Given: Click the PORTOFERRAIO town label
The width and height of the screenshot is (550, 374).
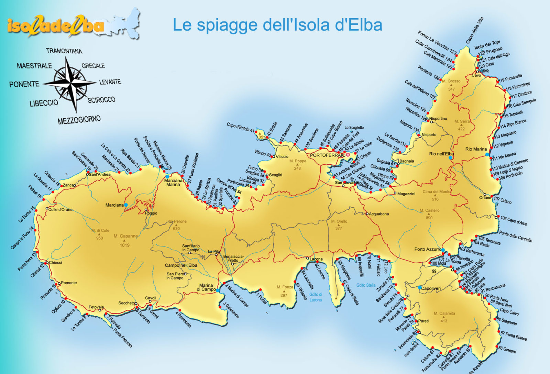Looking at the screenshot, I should point(327,155).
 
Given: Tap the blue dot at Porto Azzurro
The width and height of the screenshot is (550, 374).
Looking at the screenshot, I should point(443,250).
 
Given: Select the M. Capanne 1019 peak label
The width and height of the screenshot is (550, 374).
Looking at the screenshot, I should point(125,236).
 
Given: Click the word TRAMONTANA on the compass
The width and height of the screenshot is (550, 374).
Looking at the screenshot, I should point(64,51).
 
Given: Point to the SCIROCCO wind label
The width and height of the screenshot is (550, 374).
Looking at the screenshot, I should point(101,100).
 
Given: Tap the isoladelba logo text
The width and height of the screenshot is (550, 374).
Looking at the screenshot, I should point(55,26).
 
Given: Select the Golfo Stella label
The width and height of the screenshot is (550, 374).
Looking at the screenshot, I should point(366,285).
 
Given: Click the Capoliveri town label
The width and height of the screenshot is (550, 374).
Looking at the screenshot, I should point(431,288).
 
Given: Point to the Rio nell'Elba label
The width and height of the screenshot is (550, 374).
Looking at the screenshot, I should point(441,154).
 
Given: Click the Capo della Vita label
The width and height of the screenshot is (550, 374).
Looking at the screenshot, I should point(475,30).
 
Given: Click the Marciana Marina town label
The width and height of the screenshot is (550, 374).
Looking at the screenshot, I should point(173,183).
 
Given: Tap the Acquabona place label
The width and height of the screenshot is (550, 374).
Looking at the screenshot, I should point(378,214).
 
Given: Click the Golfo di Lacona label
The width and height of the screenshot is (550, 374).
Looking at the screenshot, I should point(316,297).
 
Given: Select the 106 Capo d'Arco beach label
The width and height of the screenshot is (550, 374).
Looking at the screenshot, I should point(514,220).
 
